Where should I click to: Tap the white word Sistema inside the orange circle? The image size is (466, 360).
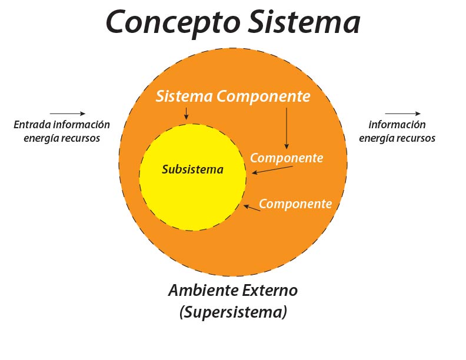[184, 96]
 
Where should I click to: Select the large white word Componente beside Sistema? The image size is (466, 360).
[263, 96]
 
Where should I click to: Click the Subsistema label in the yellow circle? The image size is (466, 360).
[192, 170]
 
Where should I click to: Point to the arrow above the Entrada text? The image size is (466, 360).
[68, 114]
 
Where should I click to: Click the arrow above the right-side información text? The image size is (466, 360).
[403, 114]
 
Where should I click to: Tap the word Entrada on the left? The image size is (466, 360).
[31, 125]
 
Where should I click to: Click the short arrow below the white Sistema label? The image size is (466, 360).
[187, 114]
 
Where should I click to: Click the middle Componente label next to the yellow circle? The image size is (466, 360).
[287, 158]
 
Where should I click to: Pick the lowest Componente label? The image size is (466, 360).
[295, 204]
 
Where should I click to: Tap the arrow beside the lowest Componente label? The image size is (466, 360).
[252, 207]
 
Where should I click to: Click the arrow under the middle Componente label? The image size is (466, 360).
[272, 170]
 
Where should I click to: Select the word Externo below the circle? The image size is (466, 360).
[268, 291]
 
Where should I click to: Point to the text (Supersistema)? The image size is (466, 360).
[233, 312]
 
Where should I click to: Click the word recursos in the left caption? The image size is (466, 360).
[79, 138]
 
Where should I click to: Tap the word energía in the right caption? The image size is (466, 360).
[378, 138]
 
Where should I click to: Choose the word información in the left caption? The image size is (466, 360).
[81, 125]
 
